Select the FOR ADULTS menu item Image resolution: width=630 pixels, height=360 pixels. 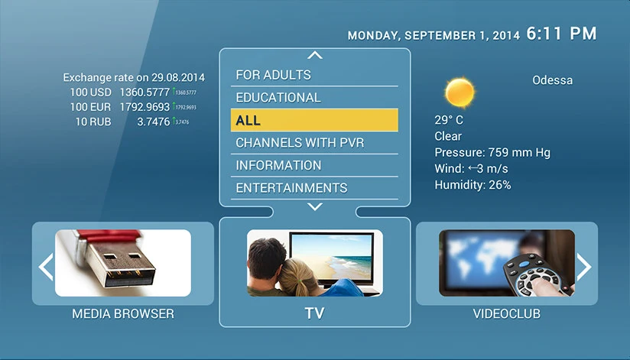click(273, 75)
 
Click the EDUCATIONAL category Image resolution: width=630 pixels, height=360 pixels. click(278, 98)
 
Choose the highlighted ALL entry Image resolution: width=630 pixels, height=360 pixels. click(314, 121)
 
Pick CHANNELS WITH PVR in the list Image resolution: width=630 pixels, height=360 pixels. click(300, 143)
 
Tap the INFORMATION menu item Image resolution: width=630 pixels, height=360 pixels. click(278, 165)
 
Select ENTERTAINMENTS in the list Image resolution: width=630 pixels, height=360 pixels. click(291, 188)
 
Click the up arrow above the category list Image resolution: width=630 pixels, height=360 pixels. click(314, 55)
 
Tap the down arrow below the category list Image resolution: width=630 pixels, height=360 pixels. click(314, 206)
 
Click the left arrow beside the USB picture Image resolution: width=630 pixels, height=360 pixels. click(46, 265)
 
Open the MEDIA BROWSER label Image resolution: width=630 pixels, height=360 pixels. click(123, 313)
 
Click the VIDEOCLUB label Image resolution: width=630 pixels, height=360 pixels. click(507, 313)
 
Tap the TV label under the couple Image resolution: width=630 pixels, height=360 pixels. click(314, 313)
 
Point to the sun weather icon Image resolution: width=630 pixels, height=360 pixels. click(460, 92)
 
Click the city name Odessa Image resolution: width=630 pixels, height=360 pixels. click(552, 80)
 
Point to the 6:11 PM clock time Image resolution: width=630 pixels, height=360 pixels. click(561, 34)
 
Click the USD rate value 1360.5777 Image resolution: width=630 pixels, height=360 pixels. click(145, 92)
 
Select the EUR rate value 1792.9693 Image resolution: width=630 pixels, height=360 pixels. click(145, 107)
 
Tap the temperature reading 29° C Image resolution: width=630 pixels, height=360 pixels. click(449, 120)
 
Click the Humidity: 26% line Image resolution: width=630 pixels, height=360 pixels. click(472, 185)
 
